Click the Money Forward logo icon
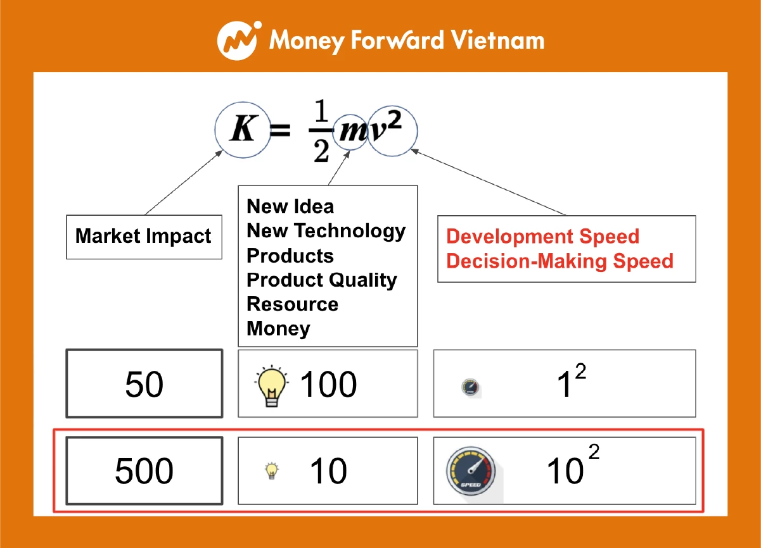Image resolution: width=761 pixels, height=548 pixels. click(x=239, y=40)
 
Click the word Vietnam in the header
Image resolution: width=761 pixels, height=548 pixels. click(x=497, y=40)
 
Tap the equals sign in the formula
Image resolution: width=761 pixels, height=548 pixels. click(x=280, y=130)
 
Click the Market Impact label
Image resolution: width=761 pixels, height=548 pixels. click(x=143, y=236)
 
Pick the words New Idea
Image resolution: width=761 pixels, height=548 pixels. click(x=290, y=206)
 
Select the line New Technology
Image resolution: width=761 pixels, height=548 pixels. click(x=326, y=232)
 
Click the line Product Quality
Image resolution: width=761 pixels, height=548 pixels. click(x=322, y=280)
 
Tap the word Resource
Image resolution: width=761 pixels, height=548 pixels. click(x=293, y=304)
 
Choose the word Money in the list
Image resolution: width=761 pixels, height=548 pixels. click(x=278, y=329)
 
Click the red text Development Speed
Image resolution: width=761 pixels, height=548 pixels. click(x=542, y=236)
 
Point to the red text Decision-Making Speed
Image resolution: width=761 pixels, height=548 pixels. click(x=560, y=261)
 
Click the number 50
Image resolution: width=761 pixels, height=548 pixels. click(x=144, y=384)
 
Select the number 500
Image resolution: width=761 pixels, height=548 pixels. click(x=144, y=471)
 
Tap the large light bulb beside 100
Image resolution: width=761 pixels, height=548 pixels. click(x=271, y=386)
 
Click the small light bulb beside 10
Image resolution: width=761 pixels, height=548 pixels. click(x=271, y=470)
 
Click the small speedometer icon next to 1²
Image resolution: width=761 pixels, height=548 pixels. click(x=470, y=387)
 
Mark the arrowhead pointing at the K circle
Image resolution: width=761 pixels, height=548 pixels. click(x=219, y=153)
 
